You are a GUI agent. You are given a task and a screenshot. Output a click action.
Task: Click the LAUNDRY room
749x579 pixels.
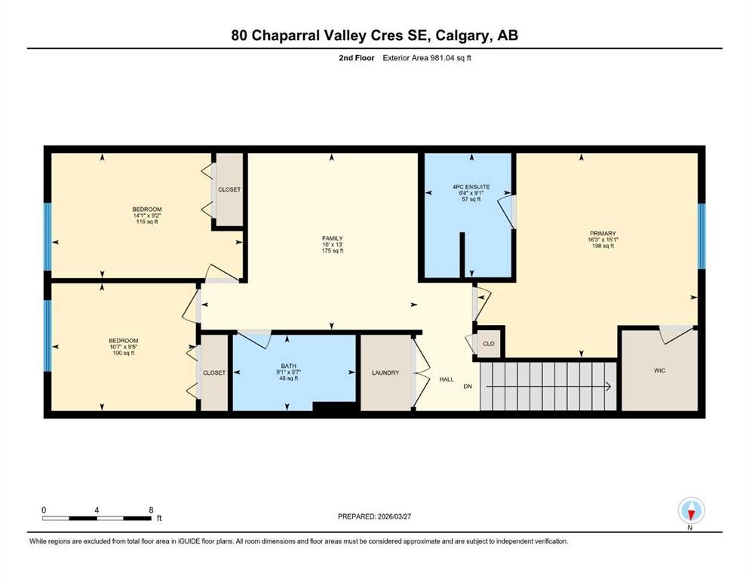[385, 373]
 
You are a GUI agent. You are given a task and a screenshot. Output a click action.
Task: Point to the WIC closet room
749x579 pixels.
[658, 371]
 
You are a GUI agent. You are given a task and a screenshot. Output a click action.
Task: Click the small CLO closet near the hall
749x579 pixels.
[489, 344]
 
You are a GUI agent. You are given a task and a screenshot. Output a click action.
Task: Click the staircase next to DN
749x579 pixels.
[548, 386]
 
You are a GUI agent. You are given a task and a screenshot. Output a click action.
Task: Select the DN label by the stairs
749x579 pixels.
[468, 387]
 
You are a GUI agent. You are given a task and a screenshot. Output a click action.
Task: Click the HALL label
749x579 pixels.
[447, 379]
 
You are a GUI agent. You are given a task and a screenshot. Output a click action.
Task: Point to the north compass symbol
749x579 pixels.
[691, 511]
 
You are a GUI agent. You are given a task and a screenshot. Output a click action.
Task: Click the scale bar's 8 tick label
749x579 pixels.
[151, 510]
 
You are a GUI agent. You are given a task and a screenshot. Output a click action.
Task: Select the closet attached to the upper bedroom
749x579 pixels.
[229, 189]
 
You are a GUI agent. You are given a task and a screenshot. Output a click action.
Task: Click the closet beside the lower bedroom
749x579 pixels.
[214, 372]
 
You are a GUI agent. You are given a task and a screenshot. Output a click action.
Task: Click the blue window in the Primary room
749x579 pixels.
[701, 236]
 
